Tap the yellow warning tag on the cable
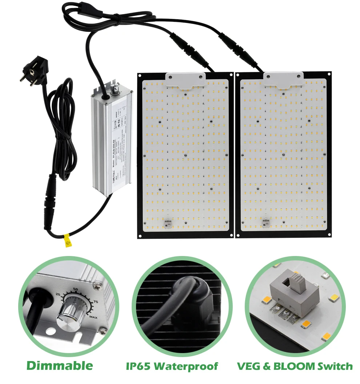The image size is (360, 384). tap(67, 241)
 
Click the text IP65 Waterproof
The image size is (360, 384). tap(172, 366)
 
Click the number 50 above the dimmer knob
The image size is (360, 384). tap(76, 289)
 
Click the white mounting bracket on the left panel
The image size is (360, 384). tap(185, 80)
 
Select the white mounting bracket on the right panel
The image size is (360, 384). tap(284, 79)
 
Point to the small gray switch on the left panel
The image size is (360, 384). tap(168, 224)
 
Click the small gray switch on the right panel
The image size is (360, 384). tap(266, 224)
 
